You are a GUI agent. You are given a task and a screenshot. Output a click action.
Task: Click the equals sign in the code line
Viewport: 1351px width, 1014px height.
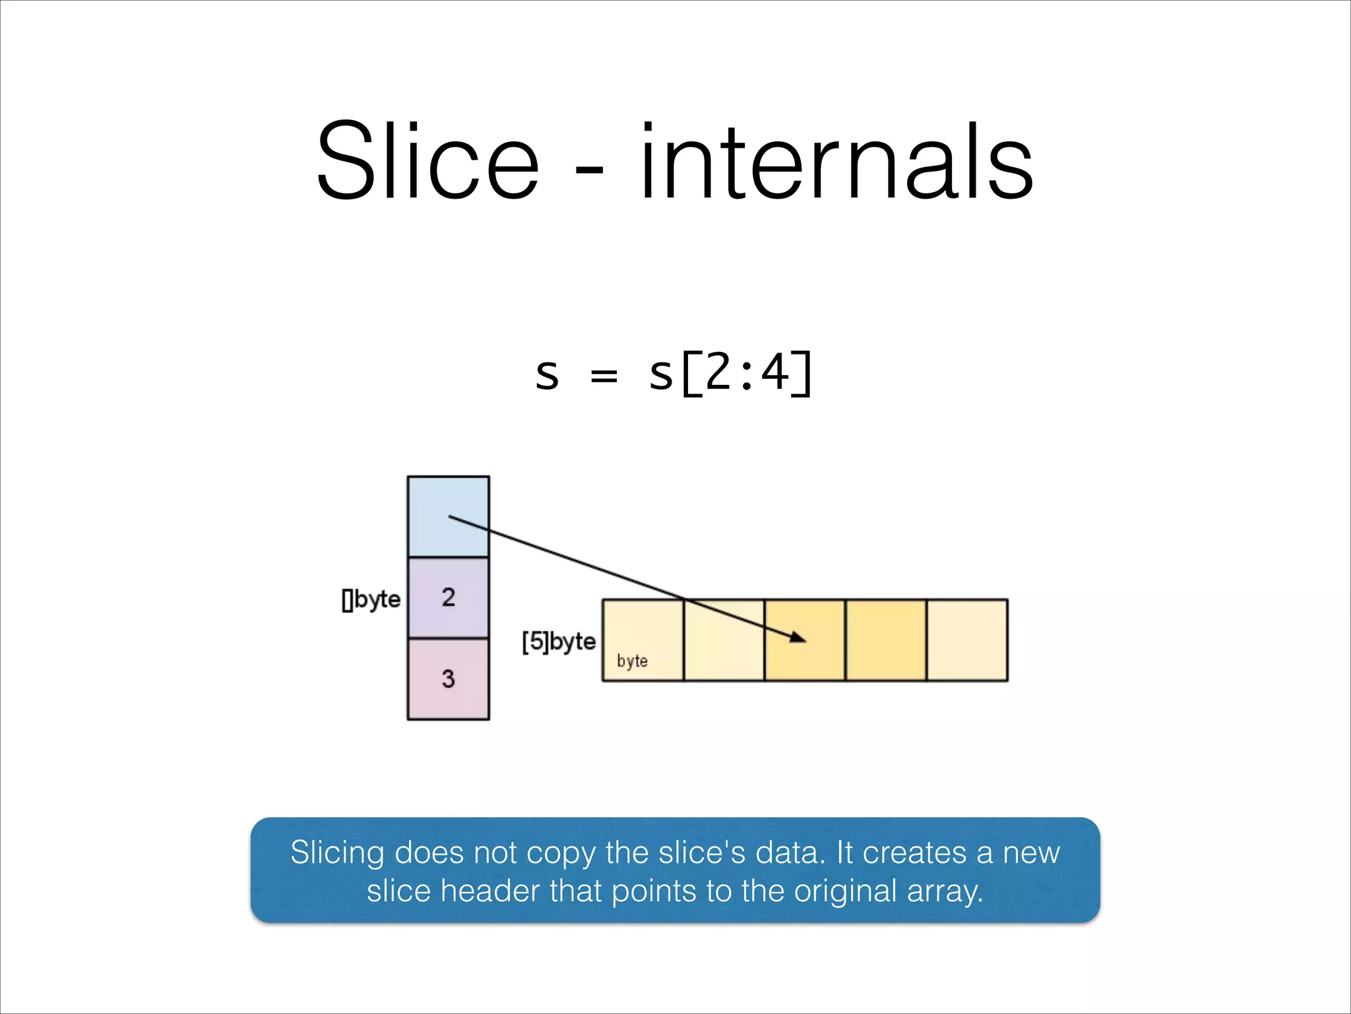(604, 376)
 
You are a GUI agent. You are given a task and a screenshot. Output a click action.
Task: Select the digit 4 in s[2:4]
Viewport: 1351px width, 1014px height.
(774, 373)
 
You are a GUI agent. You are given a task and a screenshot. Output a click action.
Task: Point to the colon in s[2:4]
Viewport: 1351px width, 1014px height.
(746, 376)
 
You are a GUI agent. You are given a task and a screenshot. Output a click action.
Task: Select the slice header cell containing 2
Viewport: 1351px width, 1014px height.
(448, 597)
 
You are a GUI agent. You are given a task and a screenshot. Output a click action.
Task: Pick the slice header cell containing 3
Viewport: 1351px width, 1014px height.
(448, 679)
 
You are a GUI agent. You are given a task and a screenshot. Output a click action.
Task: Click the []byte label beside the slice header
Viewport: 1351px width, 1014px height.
(371, 599)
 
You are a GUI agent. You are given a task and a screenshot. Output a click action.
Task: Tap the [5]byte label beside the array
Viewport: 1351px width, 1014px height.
(559, 641)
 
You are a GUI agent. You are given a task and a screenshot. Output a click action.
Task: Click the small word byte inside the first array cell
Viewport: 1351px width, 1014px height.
(632, 661)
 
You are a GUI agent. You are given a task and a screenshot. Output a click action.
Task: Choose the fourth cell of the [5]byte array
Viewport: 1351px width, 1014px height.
(885, 640)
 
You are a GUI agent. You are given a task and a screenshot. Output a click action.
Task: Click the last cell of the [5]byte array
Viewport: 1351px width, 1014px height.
(967, 640)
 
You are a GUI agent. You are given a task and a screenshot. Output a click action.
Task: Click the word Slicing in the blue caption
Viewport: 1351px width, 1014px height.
(337, 853)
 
